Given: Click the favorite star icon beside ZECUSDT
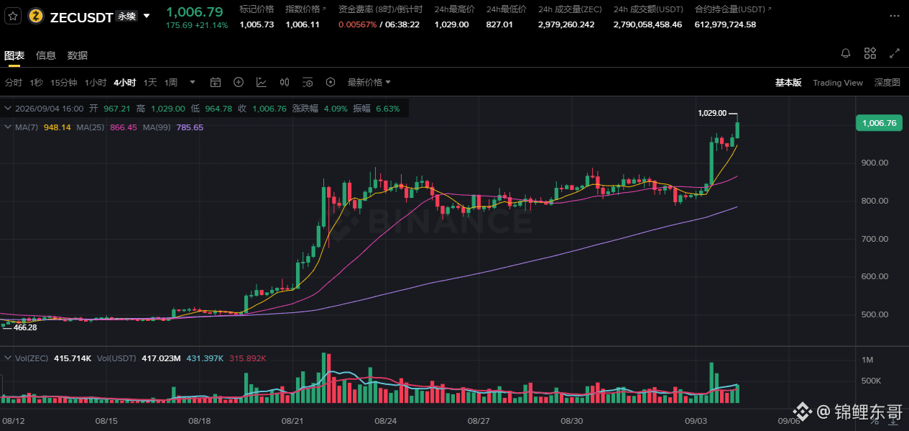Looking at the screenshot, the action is pos(13,17).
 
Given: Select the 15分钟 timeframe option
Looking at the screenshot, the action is pos(64,83).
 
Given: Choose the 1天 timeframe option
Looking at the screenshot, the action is pos(150,83).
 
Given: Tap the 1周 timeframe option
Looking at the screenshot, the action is pos(171,83).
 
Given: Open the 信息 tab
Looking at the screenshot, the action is pos(45,55).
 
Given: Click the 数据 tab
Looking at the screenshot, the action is pos(77,55).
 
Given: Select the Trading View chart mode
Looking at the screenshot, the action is pos(838,83).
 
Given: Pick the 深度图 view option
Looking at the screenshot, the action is pos(887,83).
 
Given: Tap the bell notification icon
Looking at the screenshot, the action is pos(846,53).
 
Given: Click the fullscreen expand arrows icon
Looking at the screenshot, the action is pos(895,53).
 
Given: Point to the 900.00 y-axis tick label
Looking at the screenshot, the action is pos(875,163).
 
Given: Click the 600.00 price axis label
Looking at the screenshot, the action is pos(875,276).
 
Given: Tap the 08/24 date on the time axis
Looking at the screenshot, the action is pos(385,421).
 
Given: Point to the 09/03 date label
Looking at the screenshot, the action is pos(696,421).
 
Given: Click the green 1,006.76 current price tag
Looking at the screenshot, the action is pos(879,123).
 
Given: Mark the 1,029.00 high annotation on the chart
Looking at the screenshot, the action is pos(712,113).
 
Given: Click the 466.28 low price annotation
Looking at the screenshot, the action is pos(25,327).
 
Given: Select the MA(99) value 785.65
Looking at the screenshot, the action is pos(190,127).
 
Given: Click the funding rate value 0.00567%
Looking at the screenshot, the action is pos(358,24).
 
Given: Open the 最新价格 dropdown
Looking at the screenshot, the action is pos(369,83).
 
